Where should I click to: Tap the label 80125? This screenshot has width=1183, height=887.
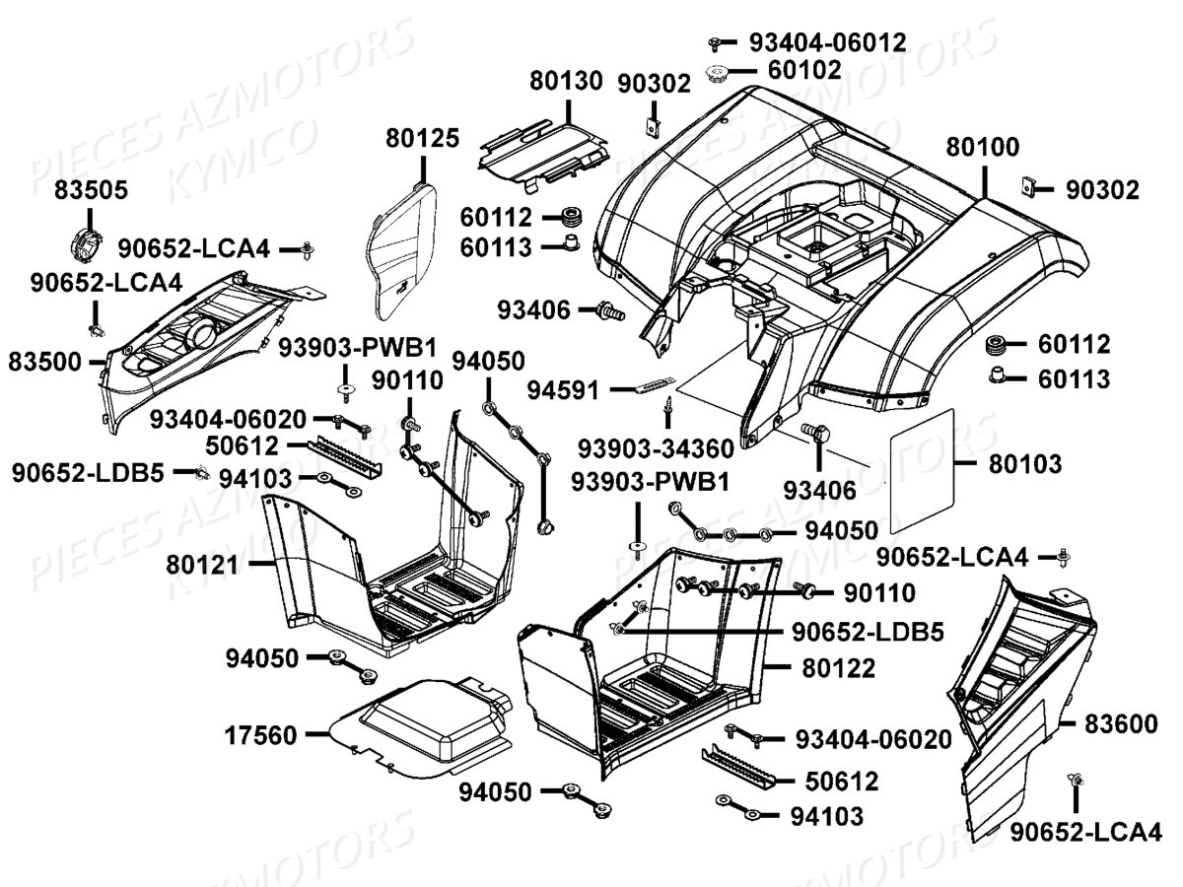click(422, 139)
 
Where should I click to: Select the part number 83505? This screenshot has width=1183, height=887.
click(90, 190)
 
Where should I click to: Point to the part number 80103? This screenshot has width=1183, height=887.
click(1025, 463)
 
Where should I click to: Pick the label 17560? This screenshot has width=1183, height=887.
click(261, 734)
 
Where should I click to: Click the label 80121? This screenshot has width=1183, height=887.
click(203, 564)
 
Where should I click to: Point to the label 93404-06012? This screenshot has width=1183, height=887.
click(827, 41)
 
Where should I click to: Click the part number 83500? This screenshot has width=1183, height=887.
click(46, 362)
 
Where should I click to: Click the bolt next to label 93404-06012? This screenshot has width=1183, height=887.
click(718, 42)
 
